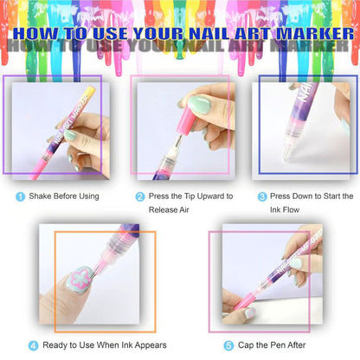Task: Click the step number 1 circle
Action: pyautogui.click(x=20, y=196)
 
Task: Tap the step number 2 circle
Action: pyautogui.click(x=139, y=196)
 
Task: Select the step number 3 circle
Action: pyautogui.click(x=261, y=196)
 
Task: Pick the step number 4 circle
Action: pyautogui.click(x=34, y=345)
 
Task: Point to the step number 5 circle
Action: pyautogui.click(x=228, y=345)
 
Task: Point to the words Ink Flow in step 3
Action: pyautogui.click(x=300, y=210)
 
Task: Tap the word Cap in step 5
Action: pyautogui.click(x=246, y=345)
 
